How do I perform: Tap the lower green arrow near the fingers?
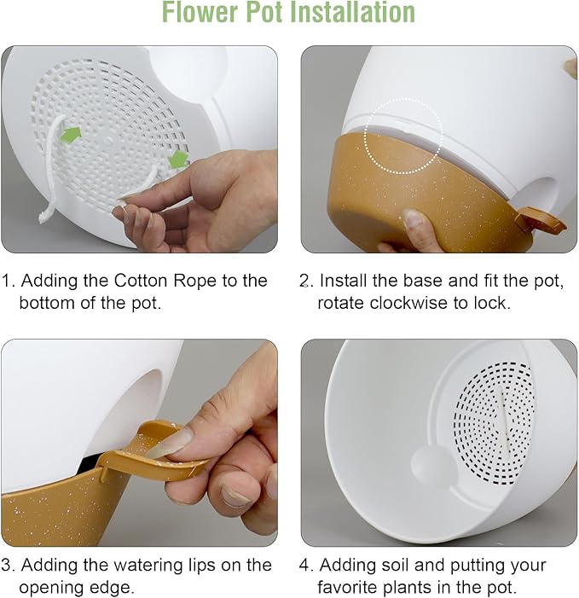(x=177, y=159)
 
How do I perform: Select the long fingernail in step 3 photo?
(x=171, y=444)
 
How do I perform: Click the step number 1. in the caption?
(x=9, y=281)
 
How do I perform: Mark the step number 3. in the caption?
(x=9, y=565)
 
